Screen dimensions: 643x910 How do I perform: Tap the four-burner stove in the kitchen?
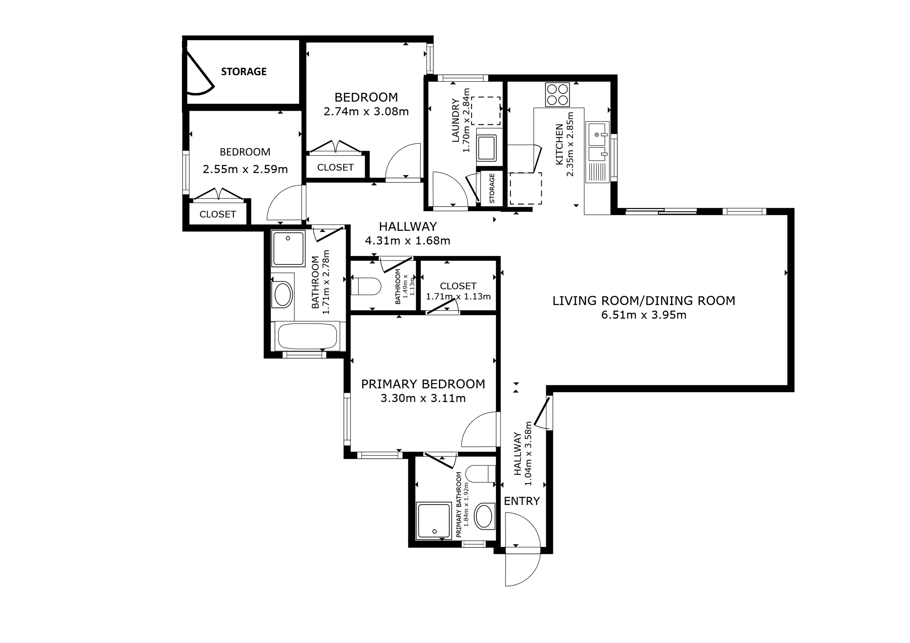click(x=557, y=95)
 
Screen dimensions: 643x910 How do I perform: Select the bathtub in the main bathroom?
click(x=307, y=336)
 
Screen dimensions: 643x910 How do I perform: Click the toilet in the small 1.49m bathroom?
click(x=366, y=286)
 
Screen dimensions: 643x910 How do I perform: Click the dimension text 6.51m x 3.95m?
click(x=644, y=315)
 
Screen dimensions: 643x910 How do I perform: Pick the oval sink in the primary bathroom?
click(x=484, y=516)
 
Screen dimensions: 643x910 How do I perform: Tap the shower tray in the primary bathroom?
click(x=434, y=521)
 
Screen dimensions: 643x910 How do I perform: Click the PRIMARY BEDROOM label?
click(x=423, y=384)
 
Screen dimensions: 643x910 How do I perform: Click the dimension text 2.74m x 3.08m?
click(x=366, y=112)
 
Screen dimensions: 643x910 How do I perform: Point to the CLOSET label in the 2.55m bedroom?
click(x=217, y=214)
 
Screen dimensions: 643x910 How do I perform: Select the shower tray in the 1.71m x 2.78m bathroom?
click(x=288, y=248)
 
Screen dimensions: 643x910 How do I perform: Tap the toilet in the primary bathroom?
click(x=481, y=474)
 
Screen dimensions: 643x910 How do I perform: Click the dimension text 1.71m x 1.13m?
click(x=458, y=297)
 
